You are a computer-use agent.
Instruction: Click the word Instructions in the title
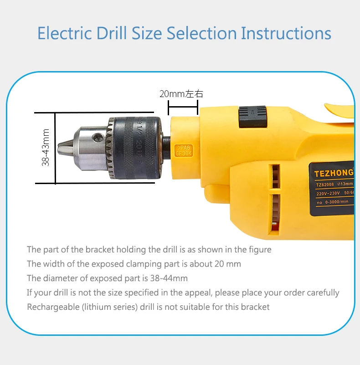click(286, 33)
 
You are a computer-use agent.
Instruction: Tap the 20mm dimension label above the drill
click(181, 94)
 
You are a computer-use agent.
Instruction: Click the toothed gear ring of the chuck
click(110, 147)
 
